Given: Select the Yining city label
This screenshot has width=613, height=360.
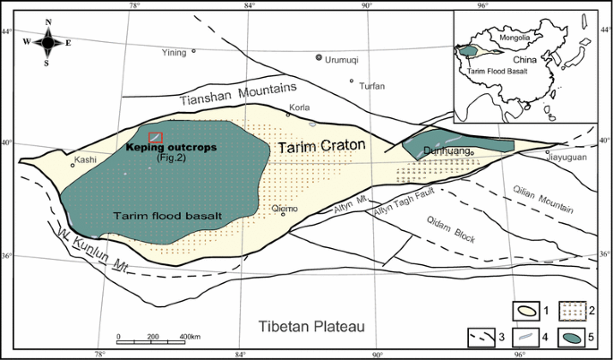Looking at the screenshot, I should pos(174,53).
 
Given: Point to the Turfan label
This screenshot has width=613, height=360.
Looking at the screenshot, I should pos(371,86).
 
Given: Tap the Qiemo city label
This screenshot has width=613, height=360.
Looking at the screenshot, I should pos(283,206).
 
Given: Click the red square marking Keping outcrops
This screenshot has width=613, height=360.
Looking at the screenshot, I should pos(156,136).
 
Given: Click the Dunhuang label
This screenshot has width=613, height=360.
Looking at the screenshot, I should pos(447,152).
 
